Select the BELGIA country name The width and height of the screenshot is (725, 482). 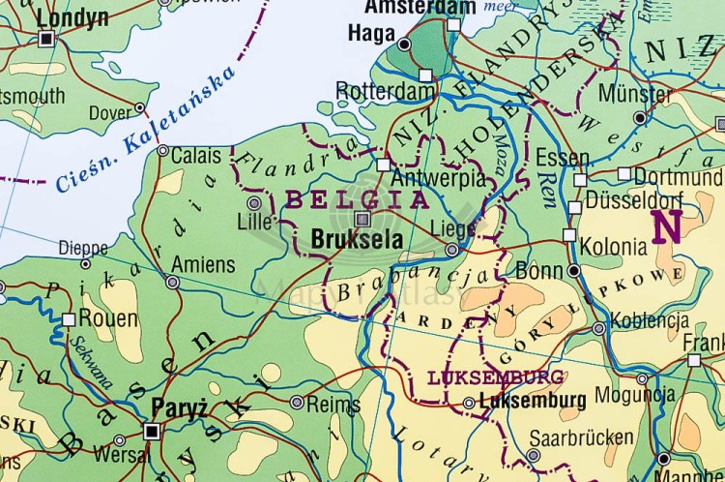click(356, 200)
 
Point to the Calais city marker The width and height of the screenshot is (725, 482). click(162, 151)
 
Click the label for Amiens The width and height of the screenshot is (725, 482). click(203, 264)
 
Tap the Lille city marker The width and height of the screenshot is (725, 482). click(255, 203)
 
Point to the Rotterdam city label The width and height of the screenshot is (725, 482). click(386, 90)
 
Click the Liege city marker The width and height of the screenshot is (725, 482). click(451, 250)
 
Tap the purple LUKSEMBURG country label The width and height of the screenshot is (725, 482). click(481, 377)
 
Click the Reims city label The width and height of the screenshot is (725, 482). click(333, 405)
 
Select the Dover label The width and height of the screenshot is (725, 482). click(110, 113)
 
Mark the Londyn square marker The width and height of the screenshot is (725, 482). click(46, 39)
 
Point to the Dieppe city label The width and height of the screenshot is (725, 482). click(83, 247)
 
